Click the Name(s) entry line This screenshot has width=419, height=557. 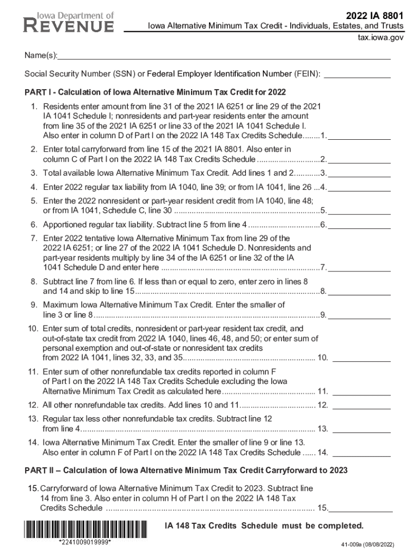pyautogui.click(x=224, y=55)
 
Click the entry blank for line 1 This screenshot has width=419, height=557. pyautogui.click(x=359, y=137)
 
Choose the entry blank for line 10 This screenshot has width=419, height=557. pyautogui.click(x=361, y=359)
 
